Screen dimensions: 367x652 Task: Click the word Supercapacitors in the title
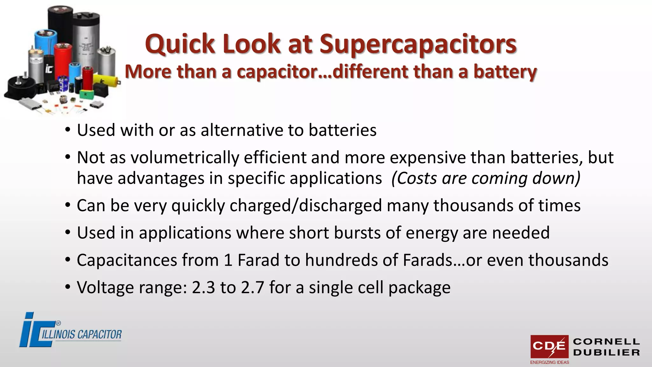pos(418,44)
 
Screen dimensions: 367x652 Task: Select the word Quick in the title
pos(180,44)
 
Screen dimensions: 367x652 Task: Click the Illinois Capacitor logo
pos(70,330)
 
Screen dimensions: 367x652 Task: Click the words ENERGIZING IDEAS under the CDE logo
pos(549,362)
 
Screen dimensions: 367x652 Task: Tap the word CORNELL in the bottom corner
pos(606,342)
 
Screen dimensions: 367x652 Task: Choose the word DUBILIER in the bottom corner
pos(606,353)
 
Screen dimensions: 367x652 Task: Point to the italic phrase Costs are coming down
pos(486,178)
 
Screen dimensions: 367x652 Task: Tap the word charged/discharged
pos(306,205)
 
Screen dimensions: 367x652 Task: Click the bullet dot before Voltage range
pos(67,287)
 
